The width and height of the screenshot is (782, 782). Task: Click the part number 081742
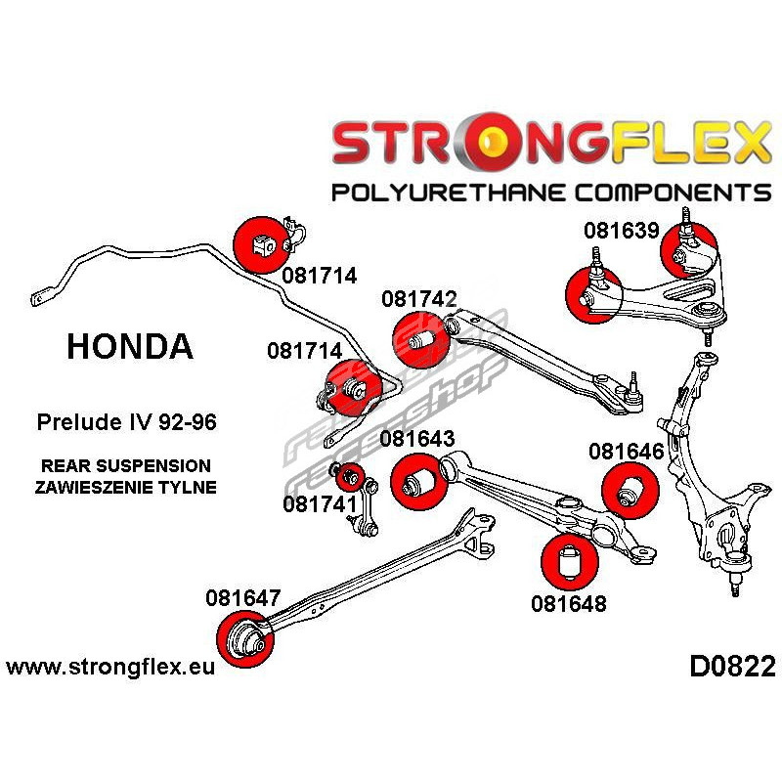click(419, 299)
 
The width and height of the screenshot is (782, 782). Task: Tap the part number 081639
click(622, 232)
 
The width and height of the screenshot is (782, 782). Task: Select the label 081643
click(419, 439)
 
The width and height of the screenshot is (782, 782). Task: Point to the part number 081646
click(627, 452)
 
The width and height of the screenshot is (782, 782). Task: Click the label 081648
click(569, 603)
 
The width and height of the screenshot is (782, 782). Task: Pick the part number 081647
click(243, 596)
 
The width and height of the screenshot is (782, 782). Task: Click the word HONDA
click(129, 346)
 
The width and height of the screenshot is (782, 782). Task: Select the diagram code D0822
click(732, 668)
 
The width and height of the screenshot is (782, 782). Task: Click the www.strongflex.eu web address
click(110, 668)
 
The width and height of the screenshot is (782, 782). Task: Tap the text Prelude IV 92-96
click(127, 424)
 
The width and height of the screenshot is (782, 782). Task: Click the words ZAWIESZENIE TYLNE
click(126, 486)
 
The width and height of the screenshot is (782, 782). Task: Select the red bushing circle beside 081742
click(419, 338)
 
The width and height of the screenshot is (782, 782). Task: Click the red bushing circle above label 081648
click(569, 560)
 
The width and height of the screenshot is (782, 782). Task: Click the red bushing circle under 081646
click(627, 489)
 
